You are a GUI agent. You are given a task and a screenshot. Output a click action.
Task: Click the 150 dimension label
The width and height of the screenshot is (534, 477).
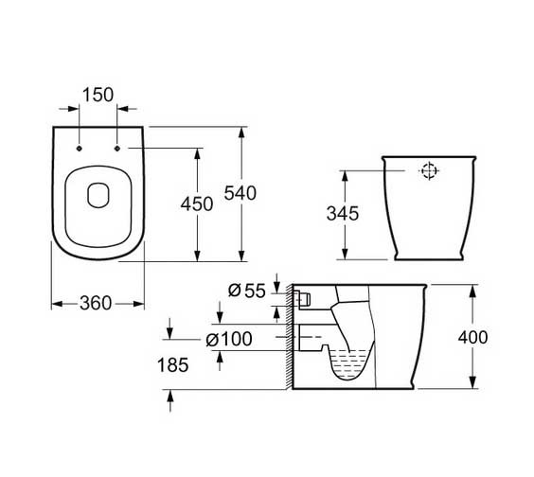pos(98,95)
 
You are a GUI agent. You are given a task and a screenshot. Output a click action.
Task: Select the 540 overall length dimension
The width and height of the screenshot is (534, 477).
pos(240,193)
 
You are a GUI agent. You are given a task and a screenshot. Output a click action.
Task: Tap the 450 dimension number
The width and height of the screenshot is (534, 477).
pos(197,204)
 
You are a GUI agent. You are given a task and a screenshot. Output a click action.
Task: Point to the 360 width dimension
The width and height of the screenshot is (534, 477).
pos(96,303)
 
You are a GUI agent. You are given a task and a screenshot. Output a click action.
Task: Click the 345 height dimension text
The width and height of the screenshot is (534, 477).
pos(343,214)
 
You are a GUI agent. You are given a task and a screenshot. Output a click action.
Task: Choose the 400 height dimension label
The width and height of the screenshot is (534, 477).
pos(472,338)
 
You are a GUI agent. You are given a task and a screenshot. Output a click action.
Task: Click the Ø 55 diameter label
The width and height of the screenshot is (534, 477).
pos(246,291)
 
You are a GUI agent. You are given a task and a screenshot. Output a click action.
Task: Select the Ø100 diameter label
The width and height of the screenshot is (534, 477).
pos(229,339)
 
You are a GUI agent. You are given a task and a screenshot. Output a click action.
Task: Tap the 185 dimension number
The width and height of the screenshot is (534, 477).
pos(172,365)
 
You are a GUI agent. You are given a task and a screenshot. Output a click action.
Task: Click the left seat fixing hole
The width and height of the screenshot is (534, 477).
pos(80,149)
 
